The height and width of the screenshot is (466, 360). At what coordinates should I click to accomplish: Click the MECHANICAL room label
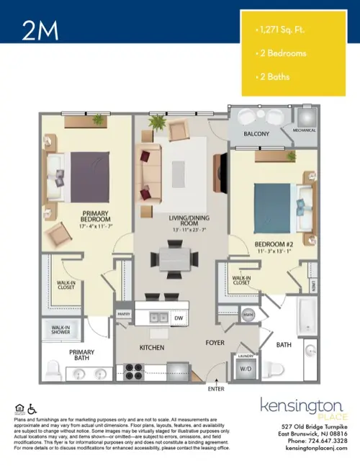pyautogui.click(x=303, y=130)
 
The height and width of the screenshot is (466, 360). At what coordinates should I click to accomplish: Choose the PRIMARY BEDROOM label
pyautogui.click(x=96, y=216)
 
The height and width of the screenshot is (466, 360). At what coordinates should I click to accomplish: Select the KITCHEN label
pyautogui.click(x=153, y=348)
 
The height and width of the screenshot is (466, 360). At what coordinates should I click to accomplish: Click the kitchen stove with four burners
pyautogui.click(x=135, y=370)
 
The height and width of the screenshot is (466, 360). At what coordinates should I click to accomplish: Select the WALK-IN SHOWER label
pyautogui.click(x=59, y=330)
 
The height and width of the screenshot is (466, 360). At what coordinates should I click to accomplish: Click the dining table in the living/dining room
pyautogui.click(x=174, y=256)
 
